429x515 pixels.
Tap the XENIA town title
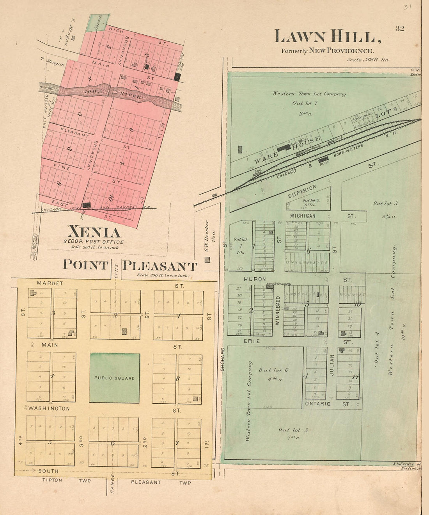(94, 232)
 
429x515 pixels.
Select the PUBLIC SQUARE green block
(115, 378)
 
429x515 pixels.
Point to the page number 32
(399, 28)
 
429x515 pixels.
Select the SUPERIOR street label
(302, 191)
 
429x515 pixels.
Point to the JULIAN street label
(332, 365)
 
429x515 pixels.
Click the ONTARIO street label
(317, 404)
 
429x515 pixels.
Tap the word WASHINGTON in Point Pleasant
(49, 408)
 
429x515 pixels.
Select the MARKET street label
(50, 283)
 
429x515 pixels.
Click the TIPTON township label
(52, 480)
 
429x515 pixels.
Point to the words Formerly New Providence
(328, 51)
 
